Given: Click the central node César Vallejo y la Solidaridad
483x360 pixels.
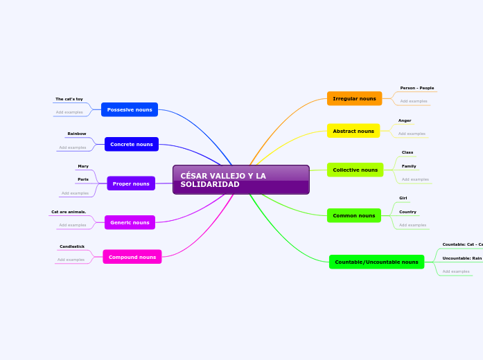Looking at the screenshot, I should click(240, 180).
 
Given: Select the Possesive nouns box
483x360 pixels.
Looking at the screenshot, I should click(130, 109).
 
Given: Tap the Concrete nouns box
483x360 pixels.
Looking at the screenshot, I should click(132, 144).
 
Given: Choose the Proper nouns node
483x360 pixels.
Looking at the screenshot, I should click(131, 183).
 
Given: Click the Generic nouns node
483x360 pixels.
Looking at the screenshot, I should click(130, 222).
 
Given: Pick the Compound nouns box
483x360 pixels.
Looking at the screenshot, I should click(132, 257).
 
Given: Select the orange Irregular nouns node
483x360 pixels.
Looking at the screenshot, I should click(354, 98).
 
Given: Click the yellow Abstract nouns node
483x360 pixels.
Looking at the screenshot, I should click(353, 131).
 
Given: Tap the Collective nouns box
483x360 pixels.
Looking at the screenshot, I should click(355, 170).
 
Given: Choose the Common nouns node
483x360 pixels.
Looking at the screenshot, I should click(353, 215).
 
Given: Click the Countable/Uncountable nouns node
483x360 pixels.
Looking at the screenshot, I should click(376, 262).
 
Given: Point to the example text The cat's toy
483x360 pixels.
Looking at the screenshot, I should click(69, 99).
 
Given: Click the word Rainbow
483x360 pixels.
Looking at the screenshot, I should click(77, 134).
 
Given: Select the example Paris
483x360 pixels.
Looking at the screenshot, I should click(83, 179).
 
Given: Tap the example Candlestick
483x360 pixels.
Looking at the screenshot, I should click(72, 246).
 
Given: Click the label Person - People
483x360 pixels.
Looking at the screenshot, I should click(417, 88).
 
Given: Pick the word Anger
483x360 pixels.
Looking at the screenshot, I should click(405, 120).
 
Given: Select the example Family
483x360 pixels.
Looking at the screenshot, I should click(409, 166).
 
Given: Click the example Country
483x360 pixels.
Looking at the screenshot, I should click(407, 212).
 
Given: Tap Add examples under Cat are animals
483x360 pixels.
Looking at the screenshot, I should click(73, 225).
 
